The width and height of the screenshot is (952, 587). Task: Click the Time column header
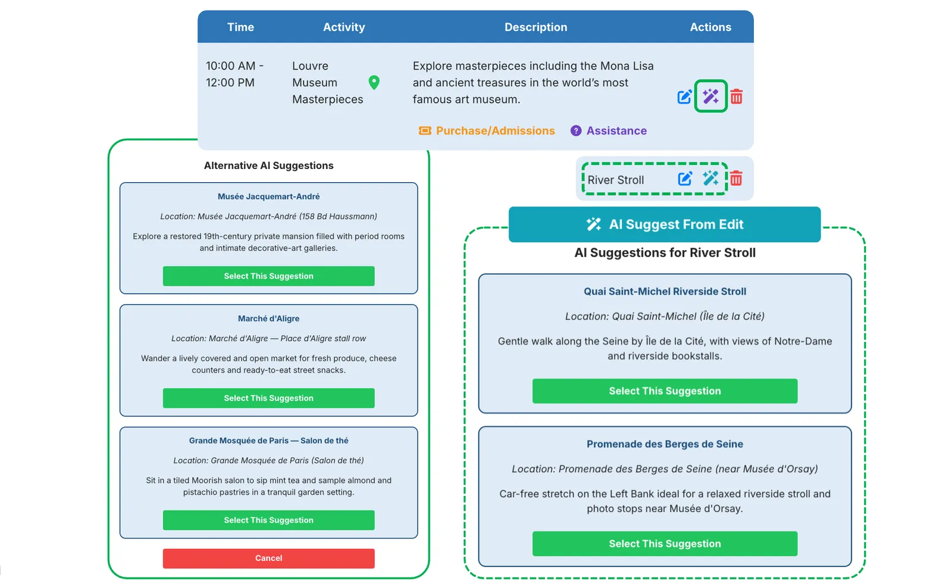click(x=240, y=27)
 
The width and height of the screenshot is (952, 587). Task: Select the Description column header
click(x=535, y=27)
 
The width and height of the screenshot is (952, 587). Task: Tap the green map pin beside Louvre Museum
click(x=374, y=83)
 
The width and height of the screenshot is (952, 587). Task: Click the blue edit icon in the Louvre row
click(x=684, y=97)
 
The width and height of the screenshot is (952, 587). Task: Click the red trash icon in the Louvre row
click(x=737, y=97)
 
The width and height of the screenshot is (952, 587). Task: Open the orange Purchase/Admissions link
click(x=487, y=130)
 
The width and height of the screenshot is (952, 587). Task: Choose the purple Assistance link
click(x=609, y=130)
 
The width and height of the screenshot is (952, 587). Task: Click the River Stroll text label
click(x=616, y=180)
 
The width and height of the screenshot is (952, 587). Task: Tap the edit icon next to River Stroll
click(x=685, y=179)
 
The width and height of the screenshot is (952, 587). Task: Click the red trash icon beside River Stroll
click(x=736, y=179)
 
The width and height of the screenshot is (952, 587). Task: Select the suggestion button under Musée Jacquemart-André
click(x=268, y=276)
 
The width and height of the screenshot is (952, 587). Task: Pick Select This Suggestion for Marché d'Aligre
click(x=268, y=398)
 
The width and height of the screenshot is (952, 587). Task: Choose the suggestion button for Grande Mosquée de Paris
click(x=268, y=520)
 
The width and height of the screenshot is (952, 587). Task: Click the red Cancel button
click(x=268, y=558)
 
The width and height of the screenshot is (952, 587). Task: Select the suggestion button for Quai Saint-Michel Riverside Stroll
click(x=665, y=391)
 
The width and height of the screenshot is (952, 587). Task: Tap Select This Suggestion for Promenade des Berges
click(x=665, y=544)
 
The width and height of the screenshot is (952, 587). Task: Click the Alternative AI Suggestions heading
click(x=268, y=166)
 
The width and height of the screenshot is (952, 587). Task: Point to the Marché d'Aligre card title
click(x=268, y=318)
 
